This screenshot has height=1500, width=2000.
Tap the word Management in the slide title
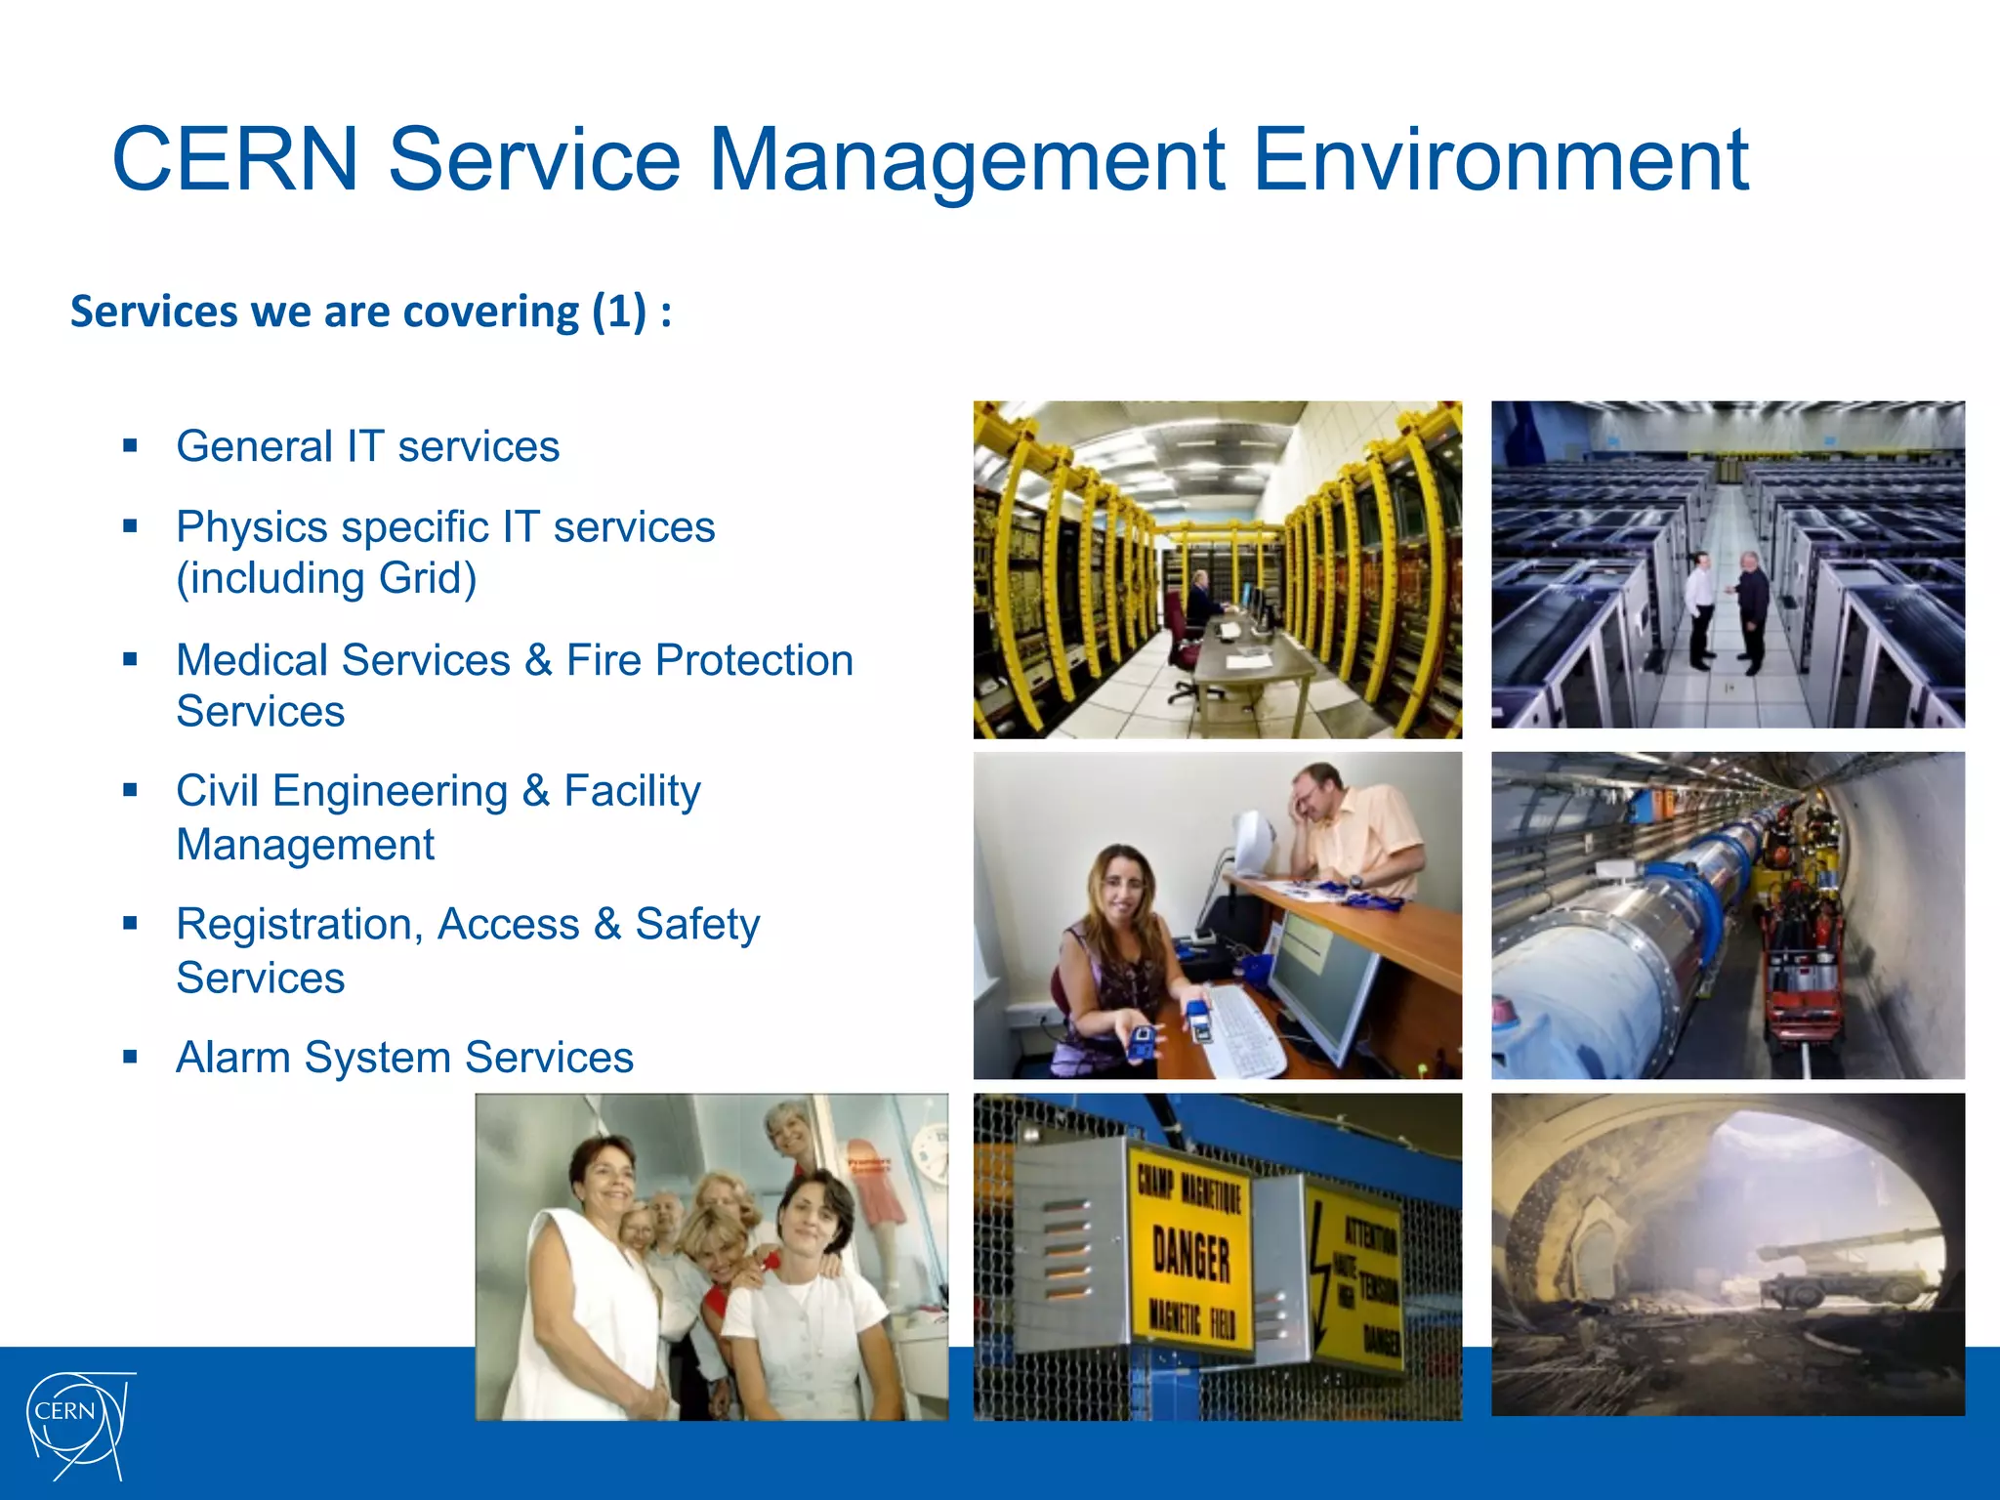(966, 161)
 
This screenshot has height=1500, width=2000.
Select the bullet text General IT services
(367, 446)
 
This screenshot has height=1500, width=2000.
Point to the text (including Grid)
(326, 578)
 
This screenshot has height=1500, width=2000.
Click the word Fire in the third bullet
(604, 660)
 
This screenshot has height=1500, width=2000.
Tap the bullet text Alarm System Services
(404, 1057)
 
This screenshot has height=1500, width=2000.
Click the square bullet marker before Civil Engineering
(131, 790)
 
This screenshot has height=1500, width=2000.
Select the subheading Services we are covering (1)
(370, 312)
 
